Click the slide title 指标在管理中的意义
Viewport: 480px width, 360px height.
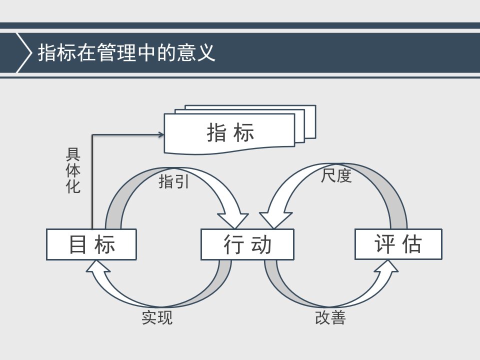(126, 52)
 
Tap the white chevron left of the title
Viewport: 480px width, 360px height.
(24, 52)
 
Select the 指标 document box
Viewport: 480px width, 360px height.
(229, 133)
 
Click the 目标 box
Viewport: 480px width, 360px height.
(91, 244)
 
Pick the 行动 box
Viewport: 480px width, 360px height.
(247, 244)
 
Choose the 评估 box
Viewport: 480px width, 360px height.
(398, 244)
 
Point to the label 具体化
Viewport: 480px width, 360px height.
(73, 170)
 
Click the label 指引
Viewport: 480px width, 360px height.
(173, 181)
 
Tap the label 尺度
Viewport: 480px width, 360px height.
(336, 175)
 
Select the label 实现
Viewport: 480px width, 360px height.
(157, 317)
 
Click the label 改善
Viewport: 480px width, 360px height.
(330, 317)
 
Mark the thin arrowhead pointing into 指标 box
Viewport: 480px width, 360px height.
(161, 134)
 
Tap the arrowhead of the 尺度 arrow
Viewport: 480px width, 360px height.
(275, 220)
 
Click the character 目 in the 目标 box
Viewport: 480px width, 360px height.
(77, 244)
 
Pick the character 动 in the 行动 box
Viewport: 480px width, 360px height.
(261, 244)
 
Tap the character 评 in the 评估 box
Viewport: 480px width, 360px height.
(384, 244)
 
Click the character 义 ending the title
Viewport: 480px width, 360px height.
(205, 52)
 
